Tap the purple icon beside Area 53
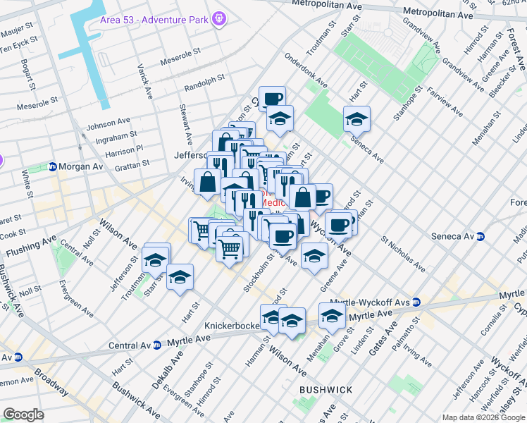point(221,16)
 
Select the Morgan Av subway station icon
point(53,166)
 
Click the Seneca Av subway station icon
point(481,236)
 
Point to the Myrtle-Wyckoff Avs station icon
point(416,302)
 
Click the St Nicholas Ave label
point(403,254)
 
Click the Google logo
point(23,415)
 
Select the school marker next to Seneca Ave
point(357,118)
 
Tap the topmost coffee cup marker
point(271,99)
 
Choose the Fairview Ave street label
point(447,102)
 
